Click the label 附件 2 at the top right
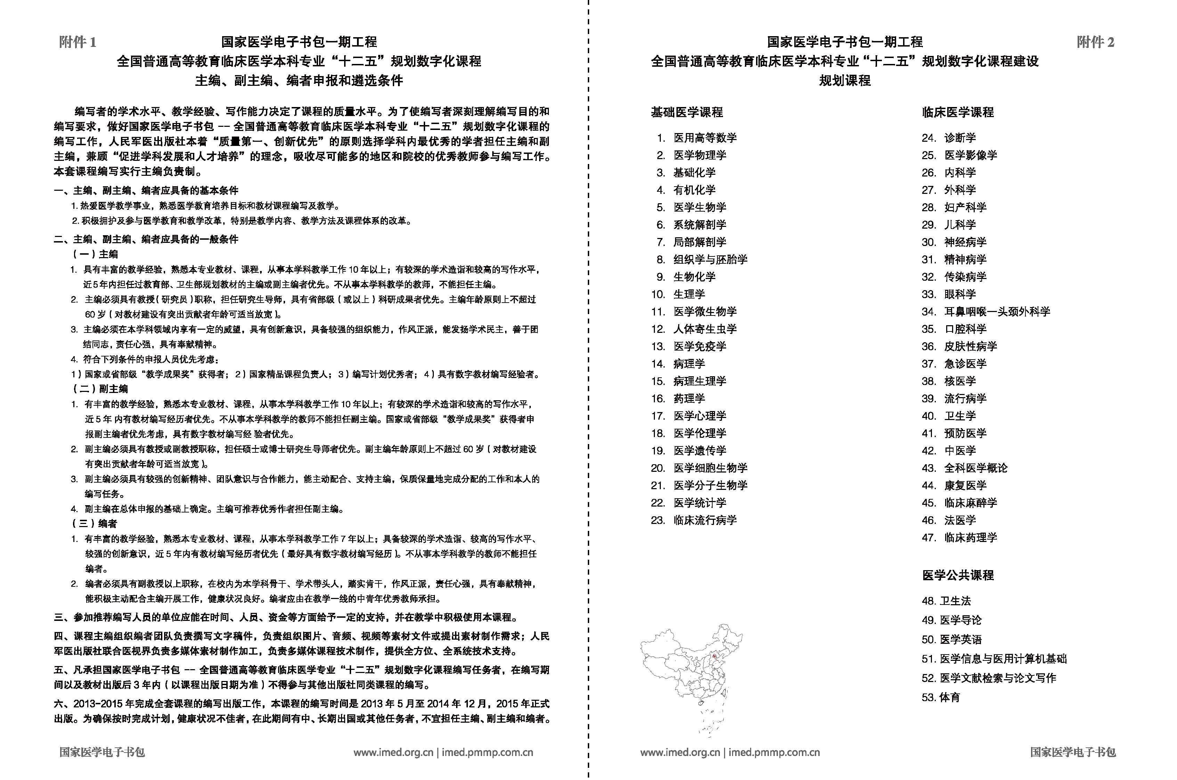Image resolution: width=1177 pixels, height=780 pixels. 1095,42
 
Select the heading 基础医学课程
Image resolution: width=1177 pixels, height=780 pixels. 687,113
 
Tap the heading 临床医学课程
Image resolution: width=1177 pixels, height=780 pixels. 958,113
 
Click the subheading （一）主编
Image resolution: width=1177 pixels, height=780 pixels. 96,254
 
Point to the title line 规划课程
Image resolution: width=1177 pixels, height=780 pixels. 845,81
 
